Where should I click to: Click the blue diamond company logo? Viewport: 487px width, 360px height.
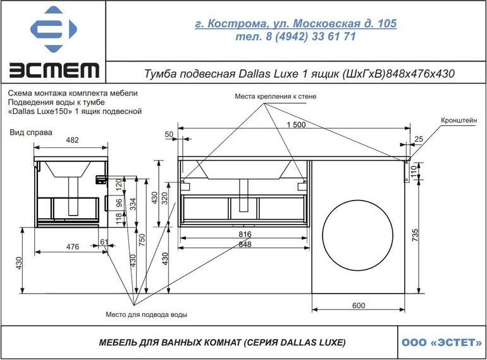(x=53, y=29)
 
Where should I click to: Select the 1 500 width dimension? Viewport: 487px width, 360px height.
(x=296, y=125)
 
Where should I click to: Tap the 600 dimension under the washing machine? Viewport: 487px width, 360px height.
(x=359, y=306)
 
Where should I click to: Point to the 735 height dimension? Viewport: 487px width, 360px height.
(x=416, y=235)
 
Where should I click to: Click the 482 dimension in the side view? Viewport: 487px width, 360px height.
(x=72, y=140)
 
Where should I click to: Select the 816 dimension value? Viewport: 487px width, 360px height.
(x=245, y=234)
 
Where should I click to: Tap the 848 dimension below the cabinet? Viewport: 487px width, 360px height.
(x=245, y=244)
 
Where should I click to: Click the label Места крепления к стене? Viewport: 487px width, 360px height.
(x=276, y=96)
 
